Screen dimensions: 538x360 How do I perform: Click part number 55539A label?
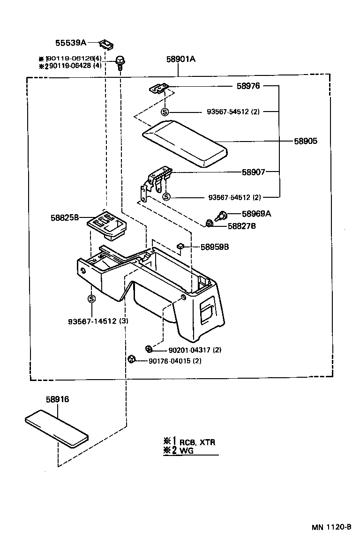pyautogui.click(x=71, y=43)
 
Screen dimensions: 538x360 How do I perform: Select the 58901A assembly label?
pyautogui.click(x=180, y=59)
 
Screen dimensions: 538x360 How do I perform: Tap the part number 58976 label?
pyautogui.click(x=248, y=86)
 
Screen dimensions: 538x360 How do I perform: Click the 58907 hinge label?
pyautogui.click(x=254, y=172)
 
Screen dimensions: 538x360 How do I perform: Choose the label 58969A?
pyautogui.click(x=256, y=214)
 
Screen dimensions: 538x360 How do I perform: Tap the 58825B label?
pyautogui.click(x=66, y=217)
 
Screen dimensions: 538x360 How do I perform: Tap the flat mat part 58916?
pyautogui.click(x=57, y=427)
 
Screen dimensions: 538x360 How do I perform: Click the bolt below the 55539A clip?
pyautogui.click(x=120, y=61)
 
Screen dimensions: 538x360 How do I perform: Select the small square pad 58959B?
pyautogui.click(x=180, y=246)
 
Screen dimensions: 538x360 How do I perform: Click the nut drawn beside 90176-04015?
pyautogui.click(x=132, y=359)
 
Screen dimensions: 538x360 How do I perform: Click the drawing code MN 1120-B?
pyautogui.click(x=331, y=526)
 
